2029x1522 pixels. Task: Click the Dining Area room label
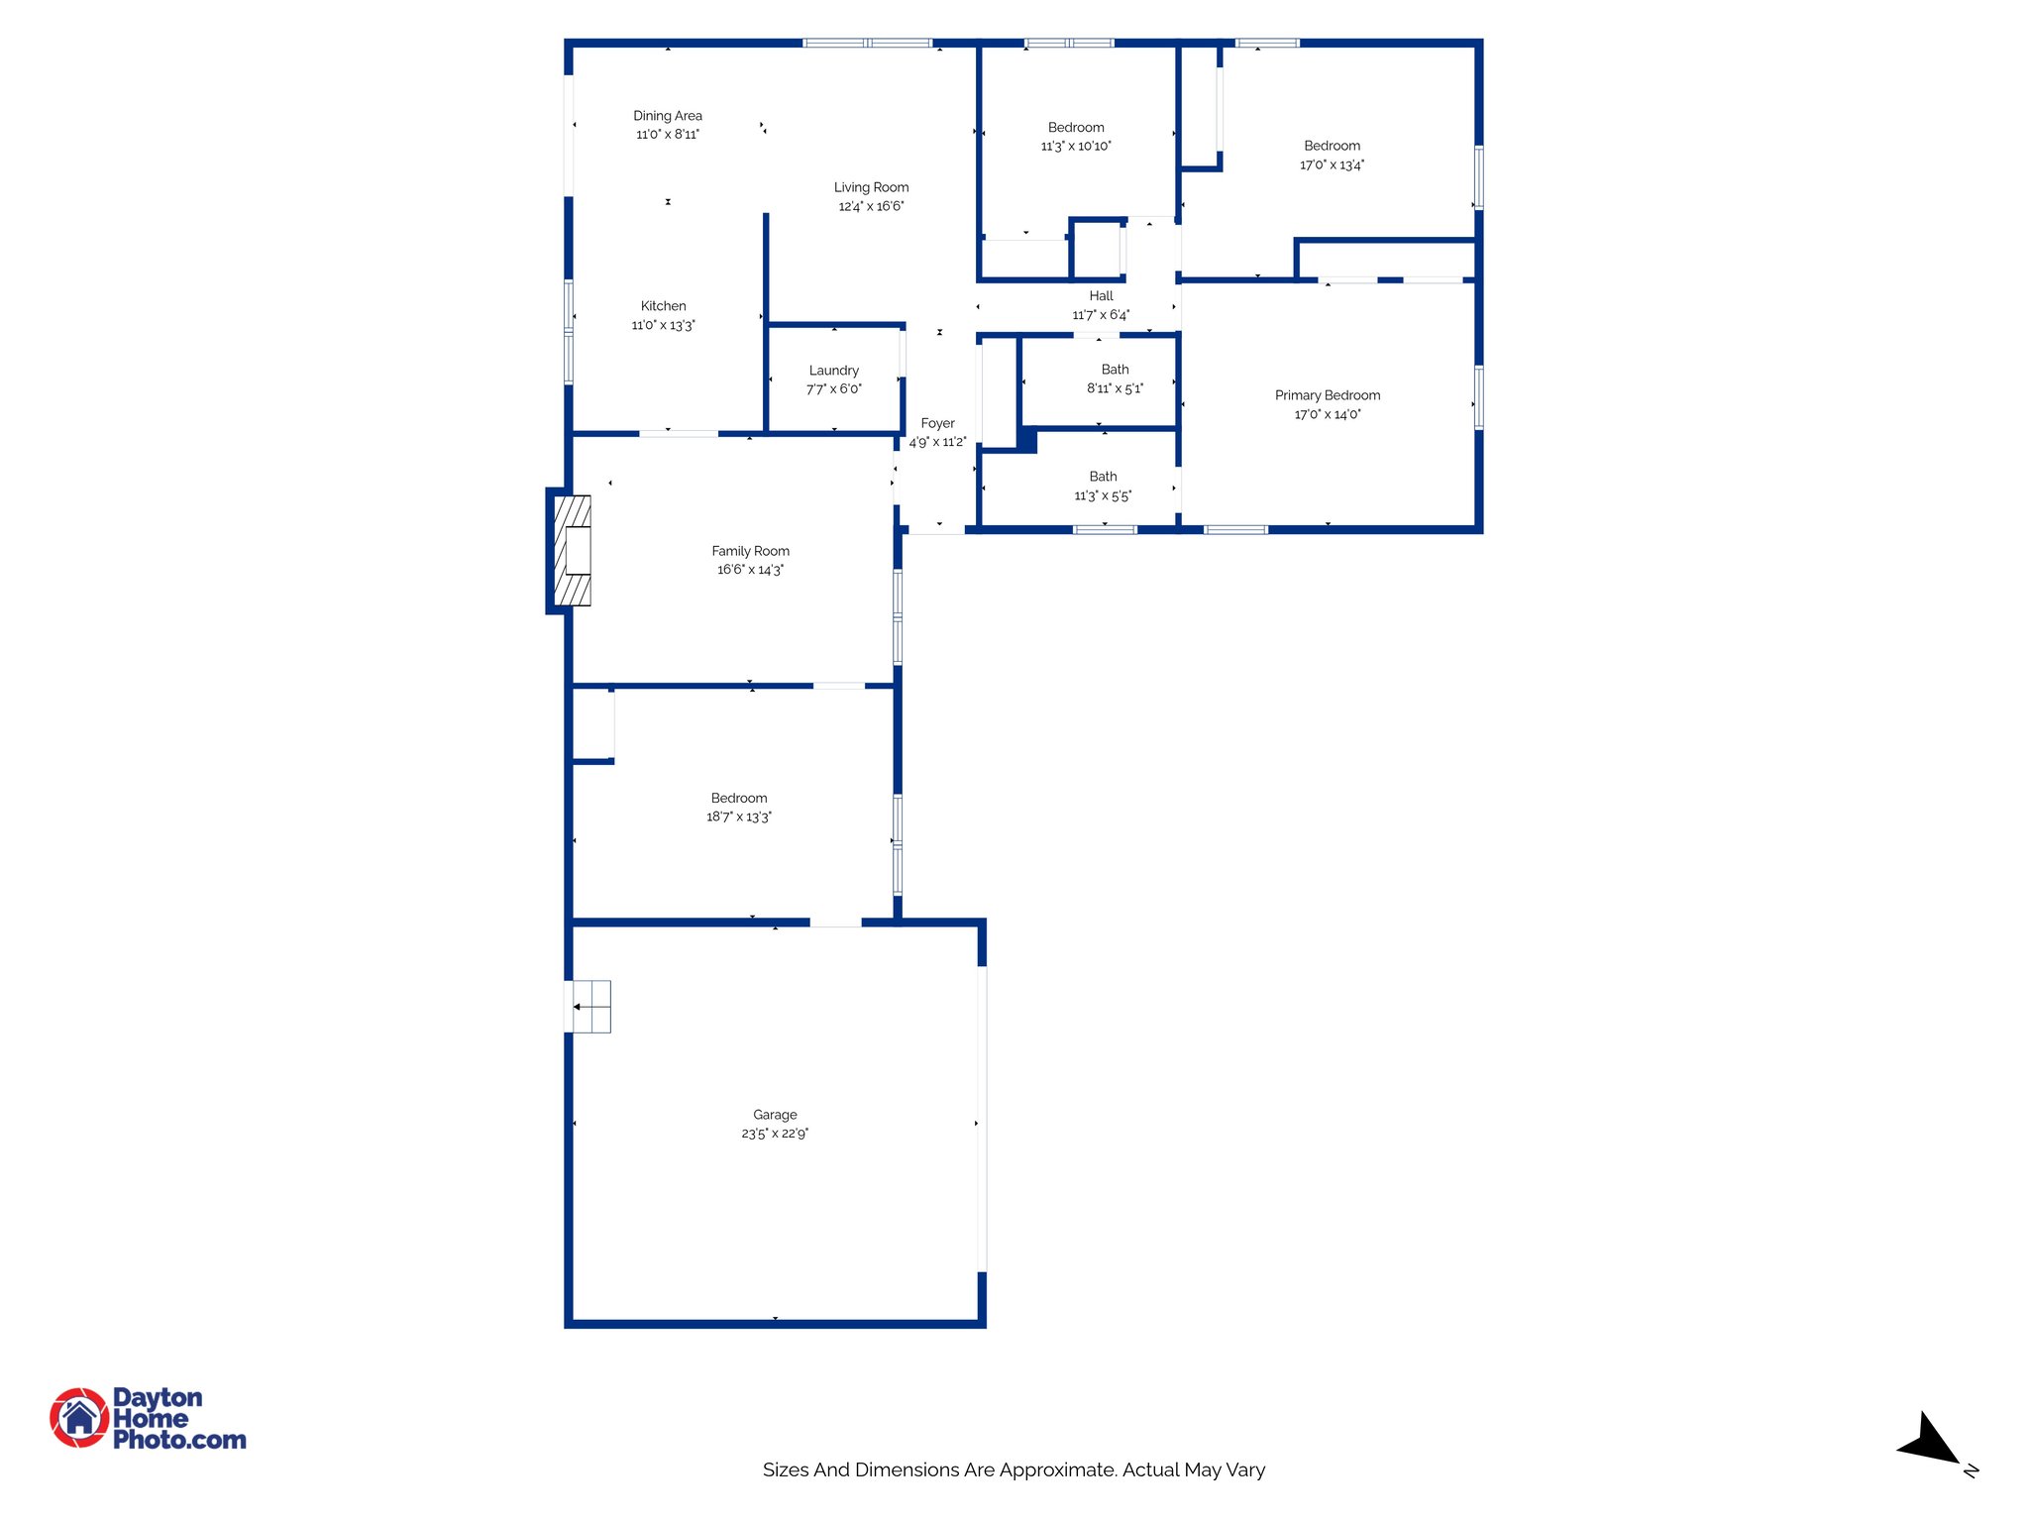[x=668, y=116]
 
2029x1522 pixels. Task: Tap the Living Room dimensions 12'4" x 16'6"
[x=871, y=206]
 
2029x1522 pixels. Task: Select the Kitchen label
[x=663, y=306]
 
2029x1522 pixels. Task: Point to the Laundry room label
[x=833, y=371]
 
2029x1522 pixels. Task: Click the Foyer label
[x=937, y=423]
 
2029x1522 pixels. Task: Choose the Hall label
[x=1101, y=296]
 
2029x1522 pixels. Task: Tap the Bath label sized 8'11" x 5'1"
[x=1115, y=370]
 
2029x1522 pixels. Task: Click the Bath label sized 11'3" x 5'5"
[x=1103, y=477]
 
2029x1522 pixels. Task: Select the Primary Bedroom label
[x=1327, y=395]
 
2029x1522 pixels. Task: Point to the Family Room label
[x=750, y=551]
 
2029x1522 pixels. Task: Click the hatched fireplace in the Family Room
[x=573, y=551]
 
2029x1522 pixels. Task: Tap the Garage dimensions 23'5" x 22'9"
[x=775, y=1134]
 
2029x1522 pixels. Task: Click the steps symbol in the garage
[x=591, y=1007]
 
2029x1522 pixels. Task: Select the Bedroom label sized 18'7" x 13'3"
[x=738, y=799]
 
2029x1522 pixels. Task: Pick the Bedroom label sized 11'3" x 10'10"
[x=1076, y=128]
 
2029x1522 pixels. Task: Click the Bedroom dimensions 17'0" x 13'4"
[x=1332, y=165]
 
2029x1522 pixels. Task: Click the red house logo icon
[x=79, y=1417]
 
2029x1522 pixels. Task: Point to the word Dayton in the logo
[x=158, y=1397]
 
